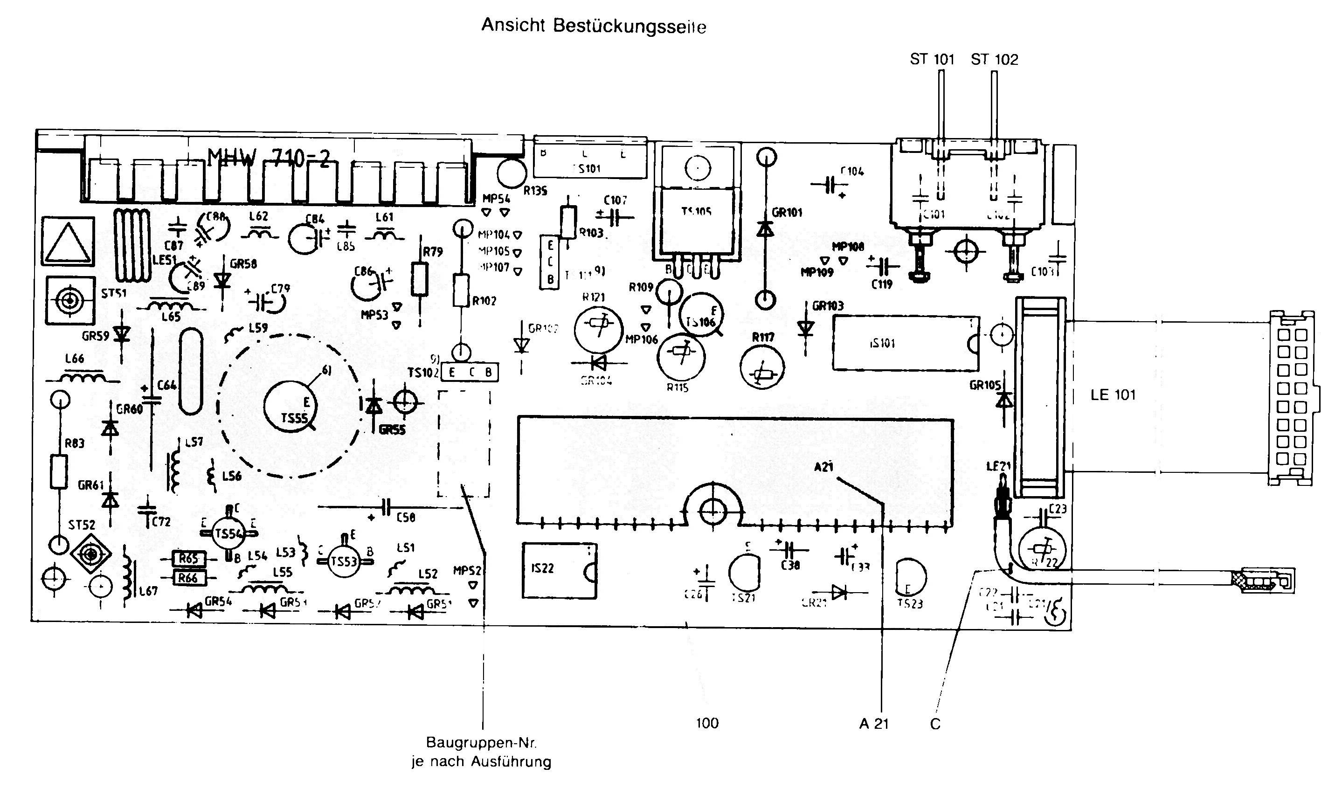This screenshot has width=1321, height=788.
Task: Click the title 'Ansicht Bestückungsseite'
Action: pyautogui.click(x=594, y=26)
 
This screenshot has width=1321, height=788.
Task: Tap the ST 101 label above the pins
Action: pyautogui.click(x=932, y=60)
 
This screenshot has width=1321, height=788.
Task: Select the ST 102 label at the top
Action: pyautogui.click(x=994, y=60)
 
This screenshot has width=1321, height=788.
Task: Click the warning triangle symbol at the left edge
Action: pyautogui.click(x=68, y=242)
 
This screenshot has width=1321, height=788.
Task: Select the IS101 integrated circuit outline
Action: pyautogui.click(x=905, y=344)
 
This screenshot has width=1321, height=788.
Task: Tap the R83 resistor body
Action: pyautogui.click(x=58, y=471)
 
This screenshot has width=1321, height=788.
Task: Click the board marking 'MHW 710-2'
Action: pyautogui.click(x=269, y=158)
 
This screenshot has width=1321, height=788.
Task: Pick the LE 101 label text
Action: pyautogui.click(x=1113, y=395)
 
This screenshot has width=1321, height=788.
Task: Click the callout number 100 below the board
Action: pyautogui.click(x=707, y=723)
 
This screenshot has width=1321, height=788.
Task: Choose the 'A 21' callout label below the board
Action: pyautogui.click(x=873, y=723)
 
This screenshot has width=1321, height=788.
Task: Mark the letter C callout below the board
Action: pyautogui.click(x=935, y=724)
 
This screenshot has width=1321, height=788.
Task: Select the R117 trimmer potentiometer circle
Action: pyautogui.click(x=762, y=367)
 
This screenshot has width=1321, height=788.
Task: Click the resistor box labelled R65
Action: pyautogui.click(x=188, y=559)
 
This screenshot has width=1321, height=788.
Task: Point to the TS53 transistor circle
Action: pyautogui.click(x=344, y=561)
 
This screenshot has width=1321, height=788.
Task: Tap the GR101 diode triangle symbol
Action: pyautogui.click(x=765, y=229)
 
